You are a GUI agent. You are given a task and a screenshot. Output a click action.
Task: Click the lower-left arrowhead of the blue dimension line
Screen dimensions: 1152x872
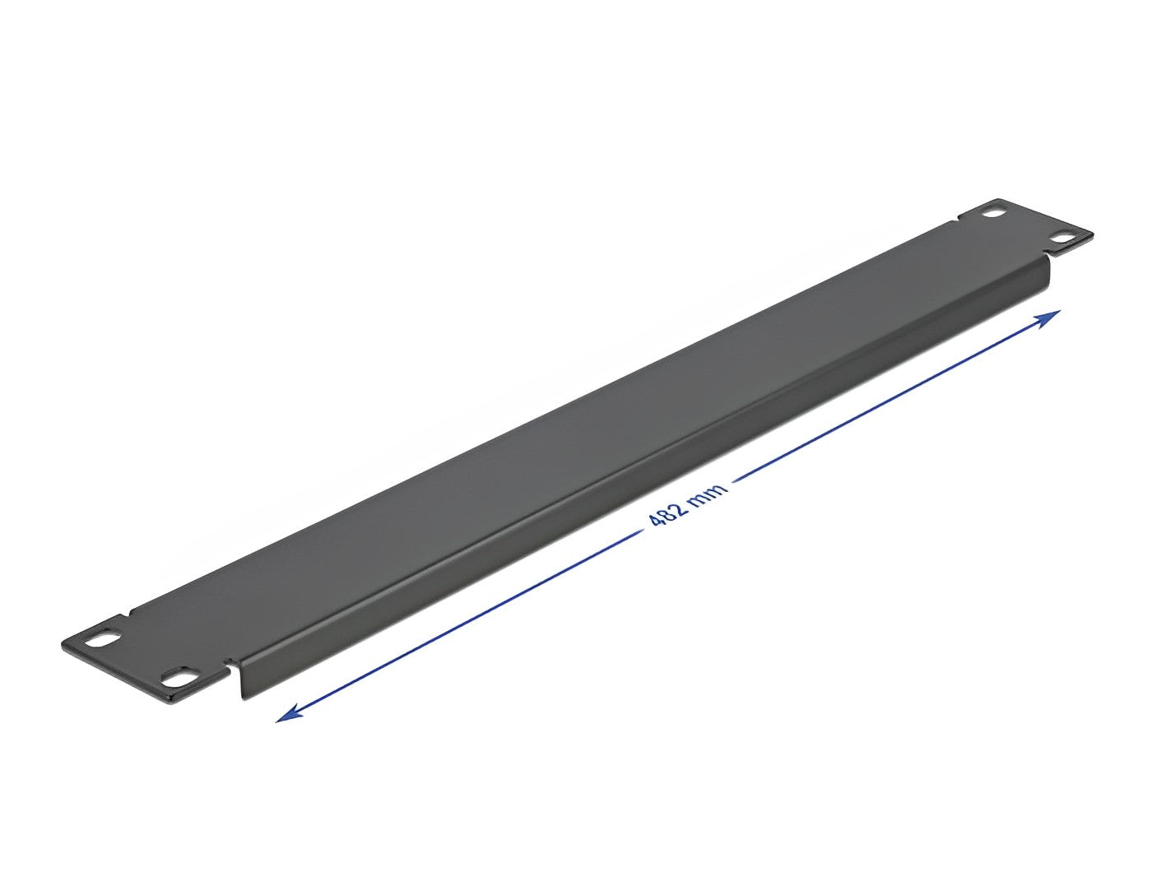[289, 713]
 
